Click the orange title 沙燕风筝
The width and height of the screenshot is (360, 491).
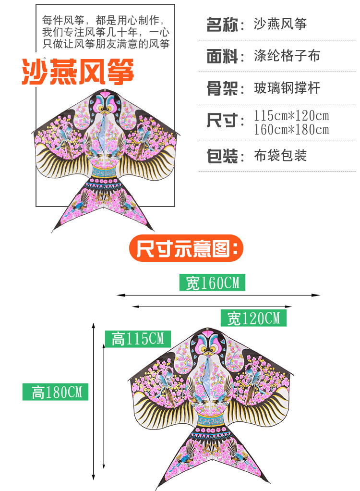coord(77,72)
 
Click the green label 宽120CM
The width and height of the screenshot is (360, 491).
coord(253,318)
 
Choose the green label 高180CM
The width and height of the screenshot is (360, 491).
coord(55,392)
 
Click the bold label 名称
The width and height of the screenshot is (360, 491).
coord(222,24)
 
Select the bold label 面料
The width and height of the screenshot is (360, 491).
coord(222,56)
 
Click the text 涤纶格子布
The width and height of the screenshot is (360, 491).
coord(287,56)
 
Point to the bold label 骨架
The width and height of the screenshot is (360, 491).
coord(222,88)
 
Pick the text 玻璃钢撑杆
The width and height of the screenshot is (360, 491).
coord(287,88)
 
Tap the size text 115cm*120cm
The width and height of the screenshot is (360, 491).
coord(291,116)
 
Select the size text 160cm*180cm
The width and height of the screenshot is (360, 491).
coord(291,130)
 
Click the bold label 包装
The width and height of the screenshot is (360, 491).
coord(222,156)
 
